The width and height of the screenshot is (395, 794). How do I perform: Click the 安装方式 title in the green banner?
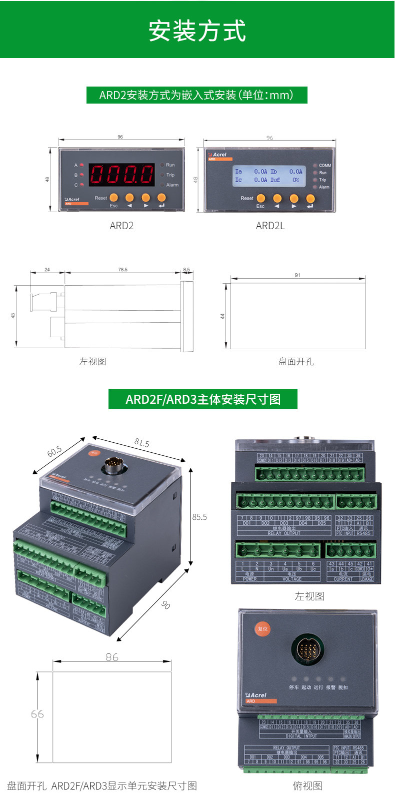point(197,31)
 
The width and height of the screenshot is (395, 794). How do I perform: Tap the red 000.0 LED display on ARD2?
point(121,174)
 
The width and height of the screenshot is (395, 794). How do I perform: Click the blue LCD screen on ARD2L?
point(269,175)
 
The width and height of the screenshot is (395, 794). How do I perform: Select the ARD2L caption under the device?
point(270,226)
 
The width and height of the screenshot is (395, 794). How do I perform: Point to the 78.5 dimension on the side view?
point(122,270)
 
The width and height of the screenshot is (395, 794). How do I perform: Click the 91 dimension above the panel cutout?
point(297,275)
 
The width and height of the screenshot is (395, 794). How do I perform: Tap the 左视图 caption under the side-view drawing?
point(92,361)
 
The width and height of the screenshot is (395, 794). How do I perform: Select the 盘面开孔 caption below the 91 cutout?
point(296,361)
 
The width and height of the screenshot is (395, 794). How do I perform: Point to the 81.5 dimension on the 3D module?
point(141,443)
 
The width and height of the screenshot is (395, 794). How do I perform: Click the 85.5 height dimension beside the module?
point(199,517)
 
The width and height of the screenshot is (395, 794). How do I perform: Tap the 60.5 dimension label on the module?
point(54,451)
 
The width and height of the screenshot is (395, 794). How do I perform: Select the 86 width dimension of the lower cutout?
point(112,657)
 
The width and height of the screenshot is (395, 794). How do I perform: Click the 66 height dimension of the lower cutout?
point(37,714)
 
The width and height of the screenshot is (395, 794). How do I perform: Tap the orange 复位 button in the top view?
point(262,628)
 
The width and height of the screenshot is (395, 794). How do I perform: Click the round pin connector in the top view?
point(306,650)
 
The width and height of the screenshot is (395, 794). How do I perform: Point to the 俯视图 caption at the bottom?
point(307,785)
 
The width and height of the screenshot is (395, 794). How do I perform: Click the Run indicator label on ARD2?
point(170,165)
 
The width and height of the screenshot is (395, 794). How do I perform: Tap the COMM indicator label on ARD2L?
point(325,165)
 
